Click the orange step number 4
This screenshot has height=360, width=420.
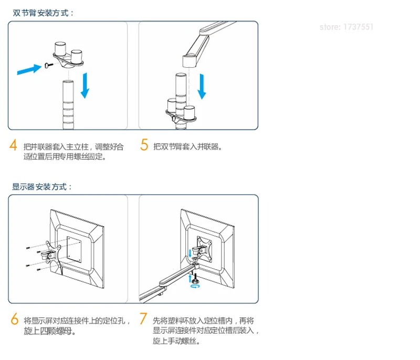13,145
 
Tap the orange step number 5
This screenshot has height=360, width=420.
144,145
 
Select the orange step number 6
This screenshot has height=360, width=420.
15,319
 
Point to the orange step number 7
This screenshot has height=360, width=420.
143,318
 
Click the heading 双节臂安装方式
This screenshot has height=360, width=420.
43,13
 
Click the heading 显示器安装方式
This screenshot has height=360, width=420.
42,186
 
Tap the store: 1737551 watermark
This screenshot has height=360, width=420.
346,27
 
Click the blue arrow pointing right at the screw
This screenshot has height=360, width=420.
29,70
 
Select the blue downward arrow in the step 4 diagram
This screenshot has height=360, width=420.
85,86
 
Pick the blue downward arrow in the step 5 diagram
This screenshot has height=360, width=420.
202,87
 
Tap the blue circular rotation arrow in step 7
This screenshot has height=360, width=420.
195,286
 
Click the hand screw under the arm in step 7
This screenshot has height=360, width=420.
195,277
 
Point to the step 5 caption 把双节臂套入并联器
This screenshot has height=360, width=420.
187,147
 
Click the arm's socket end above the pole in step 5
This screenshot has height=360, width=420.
190,60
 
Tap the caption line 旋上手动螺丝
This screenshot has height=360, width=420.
176,341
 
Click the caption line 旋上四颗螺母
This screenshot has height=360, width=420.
49,331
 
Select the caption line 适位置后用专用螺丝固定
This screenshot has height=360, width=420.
65,156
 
